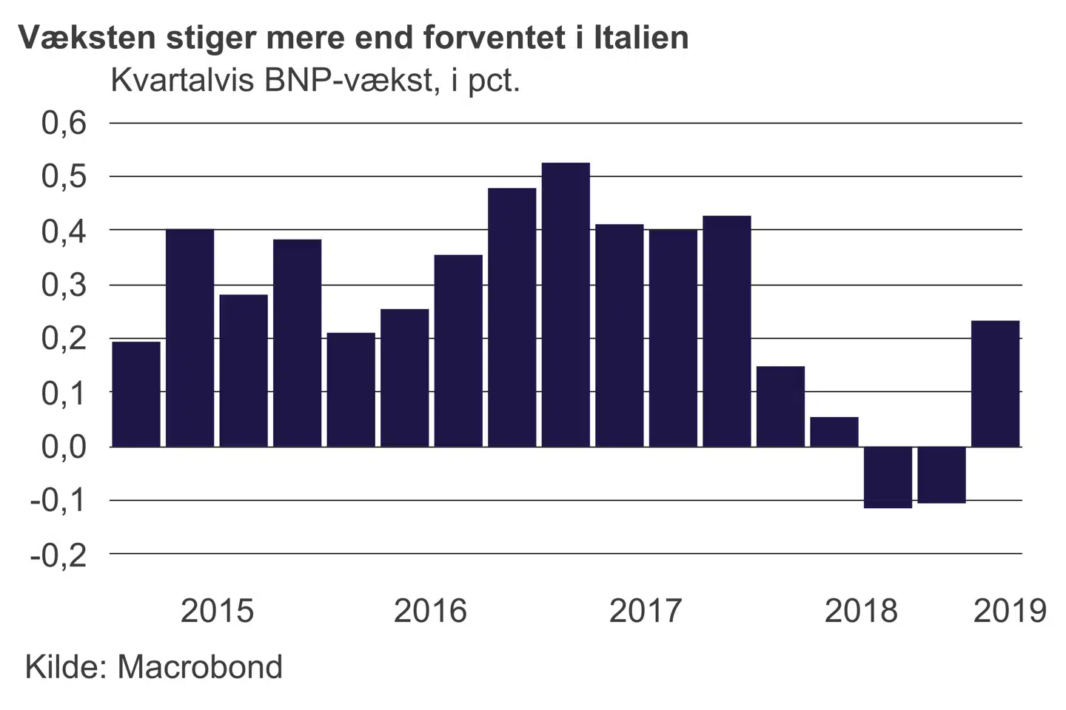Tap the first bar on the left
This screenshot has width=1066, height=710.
136,393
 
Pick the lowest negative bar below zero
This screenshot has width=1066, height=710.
888,477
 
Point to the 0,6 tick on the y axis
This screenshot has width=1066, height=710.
64,123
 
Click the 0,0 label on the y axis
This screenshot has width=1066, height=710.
64,447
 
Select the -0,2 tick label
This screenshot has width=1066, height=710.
58,555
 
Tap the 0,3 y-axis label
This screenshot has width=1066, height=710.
64,285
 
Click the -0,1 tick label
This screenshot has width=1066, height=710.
58,501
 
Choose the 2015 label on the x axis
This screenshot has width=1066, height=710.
217,611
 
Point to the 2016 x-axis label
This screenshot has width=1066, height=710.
430,611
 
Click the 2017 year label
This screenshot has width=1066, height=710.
645,611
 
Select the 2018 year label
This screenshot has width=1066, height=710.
860,611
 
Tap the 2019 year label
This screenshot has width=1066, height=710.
1010,611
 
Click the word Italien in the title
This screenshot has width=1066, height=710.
641,37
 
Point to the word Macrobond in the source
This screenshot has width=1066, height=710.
200,667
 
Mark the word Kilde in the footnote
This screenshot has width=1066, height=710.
66,667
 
